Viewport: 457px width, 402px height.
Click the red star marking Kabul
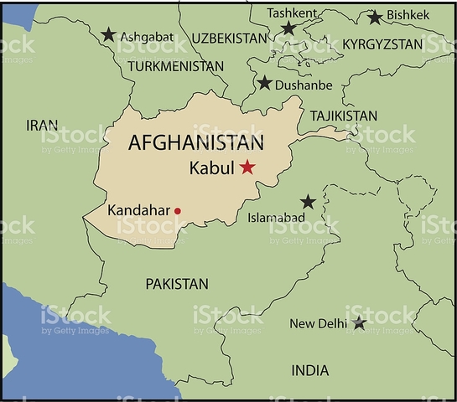point(247,167)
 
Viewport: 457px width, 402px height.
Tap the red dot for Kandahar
point(177,211)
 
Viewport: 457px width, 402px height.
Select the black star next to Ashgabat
point(108,35)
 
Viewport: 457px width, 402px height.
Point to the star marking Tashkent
point(288,29)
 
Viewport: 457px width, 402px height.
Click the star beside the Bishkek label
point(375,17)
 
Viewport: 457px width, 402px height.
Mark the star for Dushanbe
point(265,83)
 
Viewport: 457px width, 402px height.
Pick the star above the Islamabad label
point(308,202)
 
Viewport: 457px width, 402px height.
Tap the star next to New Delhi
point(359,322)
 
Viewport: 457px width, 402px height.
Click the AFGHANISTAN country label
point(196,142)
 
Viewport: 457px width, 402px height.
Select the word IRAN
point(42,125)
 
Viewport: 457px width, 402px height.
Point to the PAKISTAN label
point(177,284)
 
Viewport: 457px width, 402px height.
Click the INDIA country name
point(309,370)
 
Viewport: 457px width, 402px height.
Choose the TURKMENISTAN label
point(177,65)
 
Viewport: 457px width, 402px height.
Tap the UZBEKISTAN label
point(229,39)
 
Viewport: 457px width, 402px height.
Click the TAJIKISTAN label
point(343,116)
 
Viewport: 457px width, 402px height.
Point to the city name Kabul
point(212,167)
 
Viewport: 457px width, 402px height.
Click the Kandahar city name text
point(139,210)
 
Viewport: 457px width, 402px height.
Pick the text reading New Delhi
point(319,323)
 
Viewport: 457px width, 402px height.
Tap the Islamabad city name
point(276,218)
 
